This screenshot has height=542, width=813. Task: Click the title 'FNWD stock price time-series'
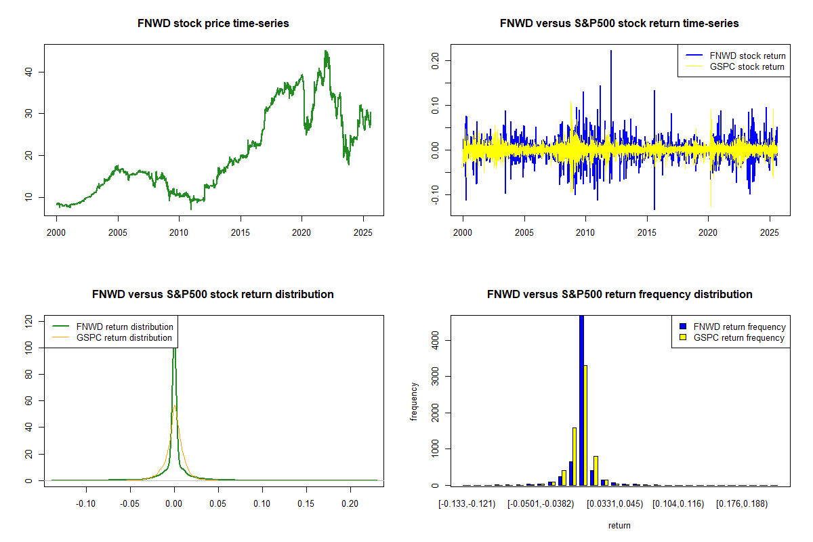pyautogui.click(x=213, y=24)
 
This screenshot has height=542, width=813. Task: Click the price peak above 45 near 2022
pyautogui.click(x=326, y=51)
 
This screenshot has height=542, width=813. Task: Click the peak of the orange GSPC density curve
pyautogui.click(x=175, y=406)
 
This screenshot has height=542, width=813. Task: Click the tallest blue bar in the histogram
pyautogui.click(x=581, y=400)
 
